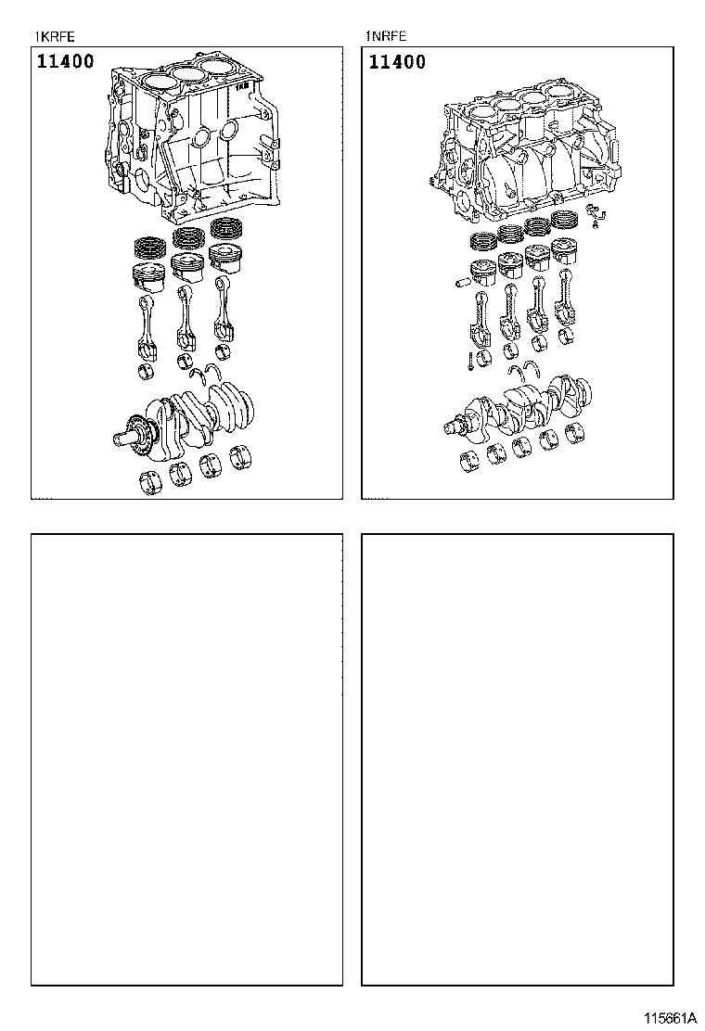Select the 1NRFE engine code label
click(386, 37)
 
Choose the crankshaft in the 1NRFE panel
click(519, 403)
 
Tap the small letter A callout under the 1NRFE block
click(596, 223)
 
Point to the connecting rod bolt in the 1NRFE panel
click(471, 362)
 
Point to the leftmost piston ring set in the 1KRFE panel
click(147, 247)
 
